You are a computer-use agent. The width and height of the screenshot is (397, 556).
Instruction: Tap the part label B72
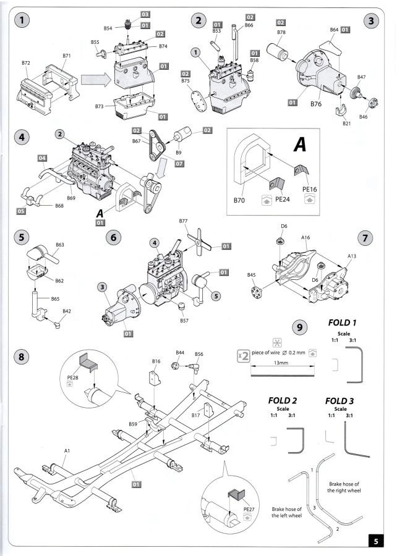(26, 63)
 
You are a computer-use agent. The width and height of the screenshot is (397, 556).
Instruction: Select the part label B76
(317, 104)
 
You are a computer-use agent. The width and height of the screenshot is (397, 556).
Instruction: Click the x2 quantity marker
(244, 355)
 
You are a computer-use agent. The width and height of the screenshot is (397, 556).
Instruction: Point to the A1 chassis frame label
(67, 452)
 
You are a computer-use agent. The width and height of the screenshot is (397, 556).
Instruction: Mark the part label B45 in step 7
(251, 276)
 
